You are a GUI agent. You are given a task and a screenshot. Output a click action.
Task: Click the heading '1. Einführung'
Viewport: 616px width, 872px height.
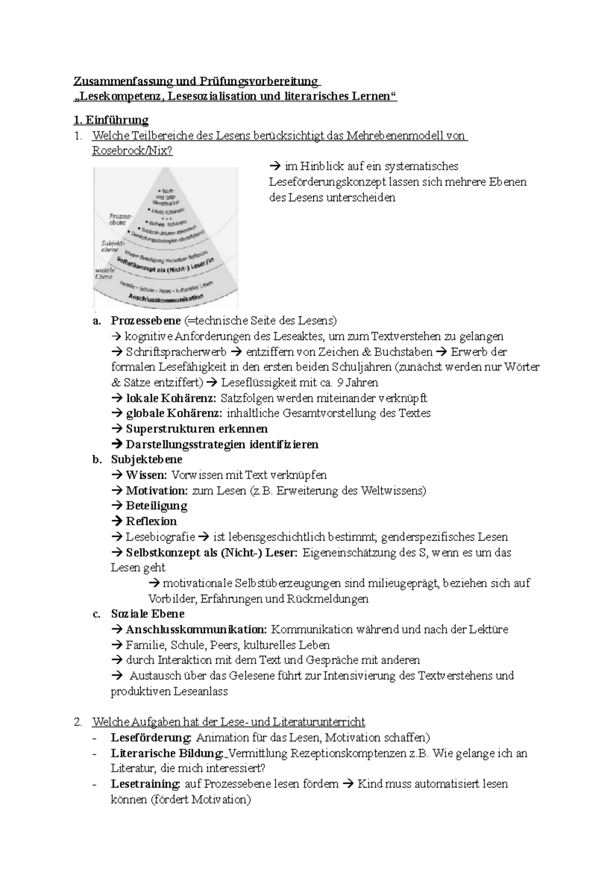coord(111,120)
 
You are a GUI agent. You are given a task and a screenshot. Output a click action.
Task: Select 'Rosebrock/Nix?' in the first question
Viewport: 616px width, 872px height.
coord(132,151)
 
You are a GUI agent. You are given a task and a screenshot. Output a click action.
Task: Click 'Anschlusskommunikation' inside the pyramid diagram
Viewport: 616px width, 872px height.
coord(166,298)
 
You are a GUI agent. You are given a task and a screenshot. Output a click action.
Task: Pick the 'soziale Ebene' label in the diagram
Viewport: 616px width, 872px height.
coord(104,273)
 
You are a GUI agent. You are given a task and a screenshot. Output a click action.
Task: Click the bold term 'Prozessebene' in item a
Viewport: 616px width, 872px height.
coord(146,321)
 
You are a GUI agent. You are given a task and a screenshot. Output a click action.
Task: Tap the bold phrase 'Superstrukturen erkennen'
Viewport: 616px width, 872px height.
coord(197,429)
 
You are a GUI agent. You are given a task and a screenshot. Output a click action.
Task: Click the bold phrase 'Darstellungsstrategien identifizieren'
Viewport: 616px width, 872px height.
coord(222,445)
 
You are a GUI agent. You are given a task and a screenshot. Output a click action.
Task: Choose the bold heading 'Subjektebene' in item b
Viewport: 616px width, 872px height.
coord(146,460)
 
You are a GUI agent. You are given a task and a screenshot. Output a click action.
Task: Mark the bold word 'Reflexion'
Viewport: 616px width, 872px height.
coord(151,521)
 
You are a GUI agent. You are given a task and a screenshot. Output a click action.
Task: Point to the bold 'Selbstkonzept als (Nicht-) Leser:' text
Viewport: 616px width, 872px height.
coord(211,553)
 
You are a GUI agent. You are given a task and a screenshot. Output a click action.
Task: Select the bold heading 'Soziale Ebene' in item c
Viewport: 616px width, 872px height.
coord(147,614)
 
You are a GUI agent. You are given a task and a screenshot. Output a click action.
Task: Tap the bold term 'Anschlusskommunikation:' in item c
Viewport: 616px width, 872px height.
coord(196,630)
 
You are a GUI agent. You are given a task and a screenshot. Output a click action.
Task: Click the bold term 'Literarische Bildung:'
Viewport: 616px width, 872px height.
coord(167,753)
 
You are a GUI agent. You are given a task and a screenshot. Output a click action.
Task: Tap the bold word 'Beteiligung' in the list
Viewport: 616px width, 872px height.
coord(156,506)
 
